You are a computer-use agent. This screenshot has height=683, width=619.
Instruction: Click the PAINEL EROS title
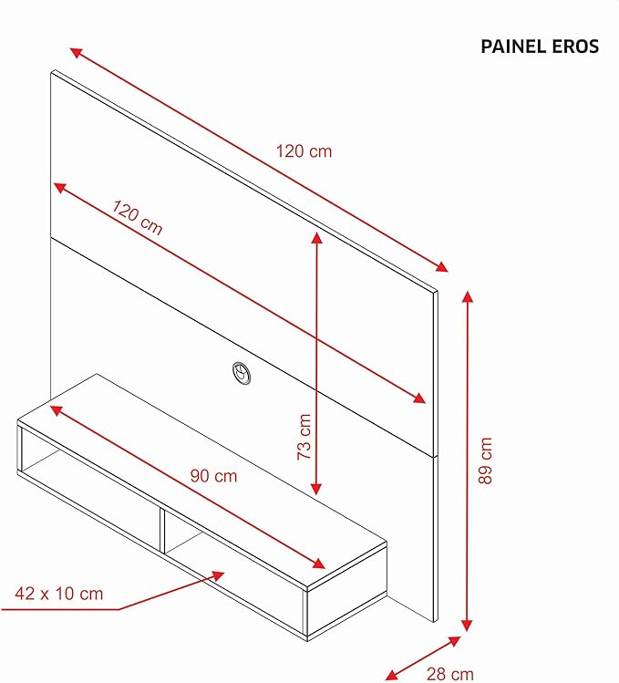pyautogui.click(x=540, y=47)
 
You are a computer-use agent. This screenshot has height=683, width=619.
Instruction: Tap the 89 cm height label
pyautogui.click(x=485, y=461)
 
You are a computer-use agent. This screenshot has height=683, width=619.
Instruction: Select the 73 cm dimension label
pyautogui.click(x=304, y=437)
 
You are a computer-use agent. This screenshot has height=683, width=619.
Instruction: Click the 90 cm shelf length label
pyautogui.click(x=214, y=476)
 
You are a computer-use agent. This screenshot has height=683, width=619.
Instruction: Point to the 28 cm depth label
pyautogui.click(x=449, y=674)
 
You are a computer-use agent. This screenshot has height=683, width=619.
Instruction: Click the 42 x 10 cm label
pyautogui.click(x=59, y=594)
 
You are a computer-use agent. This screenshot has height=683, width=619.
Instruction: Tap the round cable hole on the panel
pyautogui.click(x=242, y=373)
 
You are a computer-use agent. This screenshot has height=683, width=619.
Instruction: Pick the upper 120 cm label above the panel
pyautogui.click(x=304, y=151)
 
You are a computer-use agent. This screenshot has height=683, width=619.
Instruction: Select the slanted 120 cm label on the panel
pyautogui.click(x=138, y=217)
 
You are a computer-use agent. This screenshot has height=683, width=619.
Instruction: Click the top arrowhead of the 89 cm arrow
pyautogui.click(x=467, y=296)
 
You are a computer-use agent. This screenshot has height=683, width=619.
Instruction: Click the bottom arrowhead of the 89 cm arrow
pyautogui.click(x=467, y=626)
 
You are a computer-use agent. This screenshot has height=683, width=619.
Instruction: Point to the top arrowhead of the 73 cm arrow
pyautogui.click(x=316, y=238)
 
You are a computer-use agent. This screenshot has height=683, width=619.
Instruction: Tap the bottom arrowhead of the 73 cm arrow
pyautogui.click(x=316, y=489)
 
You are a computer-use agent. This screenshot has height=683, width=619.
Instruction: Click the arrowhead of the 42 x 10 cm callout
pyautogui.click(x=218, y=575)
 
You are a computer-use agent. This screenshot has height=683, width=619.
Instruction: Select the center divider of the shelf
pyautogui.click(x=162, y=530)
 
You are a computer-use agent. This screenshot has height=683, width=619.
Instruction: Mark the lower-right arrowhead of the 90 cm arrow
pyautogui.click(x=319, y=564)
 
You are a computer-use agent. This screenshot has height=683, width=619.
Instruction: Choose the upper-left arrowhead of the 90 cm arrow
pyautogui.click(x=57, y=409)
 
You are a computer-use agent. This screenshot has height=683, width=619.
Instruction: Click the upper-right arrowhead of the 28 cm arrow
pyautogui.click(x=455, y=641)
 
